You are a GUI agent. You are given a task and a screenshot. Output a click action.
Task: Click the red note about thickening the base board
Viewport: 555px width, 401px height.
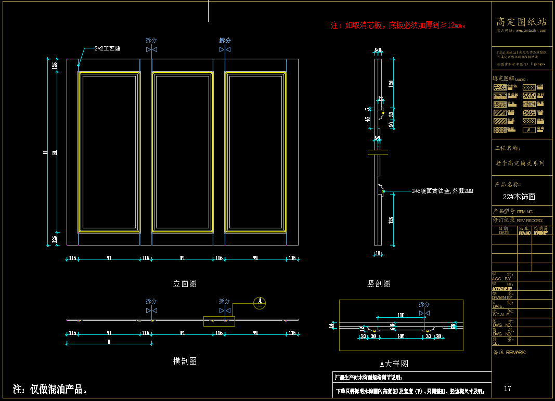(x=399, y=25)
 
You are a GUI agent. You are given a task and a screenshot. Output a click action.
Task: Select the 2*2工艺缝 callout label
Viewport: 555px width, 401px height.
(x=108, y=48)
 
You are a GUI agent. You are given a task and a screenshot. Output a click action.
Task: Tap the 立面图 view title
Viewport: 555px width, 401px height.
(x=185, y=284)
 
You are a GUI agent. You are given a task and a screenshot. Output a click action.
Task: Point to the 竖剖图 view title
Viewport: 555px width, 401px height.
(x=379, y=284)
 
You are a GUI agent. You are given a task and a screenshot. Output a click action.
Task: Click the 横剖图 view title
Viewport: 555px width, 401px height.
(x=185, y=361)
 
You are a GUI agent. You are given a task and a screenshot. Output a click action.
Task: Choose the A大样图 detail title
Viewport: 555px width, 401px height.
(x=394, y=364)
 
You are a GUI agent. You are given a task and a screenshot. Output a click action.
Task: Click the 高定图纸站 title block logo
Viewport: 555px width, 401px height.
(x=521, y=22)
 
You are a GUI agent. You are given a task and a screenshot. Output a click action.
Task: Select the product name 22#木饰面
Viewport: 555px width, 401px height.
(x=519, y=197)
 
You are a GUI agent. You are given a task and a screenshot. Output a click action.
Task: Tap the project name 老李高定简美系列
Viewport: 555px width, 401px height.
(x=520, y=163)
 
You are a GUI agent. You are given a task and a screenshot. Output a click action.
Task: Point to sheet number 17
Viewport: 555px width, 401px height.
(x=508, y=389)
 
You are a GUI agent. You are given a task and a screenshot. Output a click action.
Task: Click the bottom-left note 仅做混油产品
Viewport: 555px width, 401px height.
(x=50, y=389)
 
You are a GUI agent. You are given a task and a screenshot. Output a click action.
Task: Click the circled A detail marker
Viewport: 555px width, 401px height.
(x=260, y=303)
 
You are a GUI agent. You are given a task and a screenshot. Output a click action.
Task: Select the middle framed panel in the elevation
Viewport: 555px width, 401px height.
(x=182, y=152)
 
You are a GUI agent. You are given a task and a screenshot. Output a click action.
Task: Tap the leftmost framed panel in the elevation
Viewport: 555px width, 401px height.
(x=109, y=152)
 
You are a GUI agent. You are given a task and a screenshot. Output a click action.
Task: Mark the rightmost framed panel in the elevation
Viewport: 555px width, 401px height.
(x=255, y=152)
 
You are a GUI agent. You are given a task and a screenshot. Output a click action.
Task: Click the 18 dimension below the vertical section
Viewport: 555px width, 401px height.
(x=378, y=253)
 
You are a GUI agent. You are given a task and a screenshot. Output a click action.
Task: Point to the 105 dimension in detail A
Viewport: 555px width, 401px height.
(x=401, y=337)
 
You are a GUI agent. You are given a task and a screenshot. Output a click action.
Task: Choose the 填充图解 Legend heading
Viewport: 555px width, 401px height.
(x=509, y=79)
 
